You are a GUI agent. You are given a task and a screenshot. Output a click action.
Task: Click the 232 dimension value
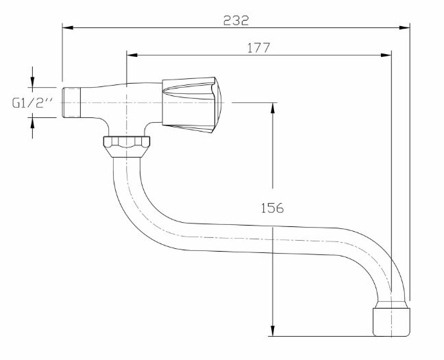point(236,21)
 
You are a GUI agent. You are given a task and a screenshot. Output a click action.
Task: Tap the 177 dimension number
point(259,48)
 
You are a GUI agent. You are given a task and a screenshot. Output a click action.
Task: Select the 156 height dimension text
point(272,208)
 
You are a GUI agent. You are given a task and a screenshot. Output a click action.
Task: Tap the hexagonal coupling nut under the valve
point(127,147)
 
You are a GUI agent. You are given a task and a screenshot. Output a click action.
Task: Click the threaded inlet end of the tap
point(71,102)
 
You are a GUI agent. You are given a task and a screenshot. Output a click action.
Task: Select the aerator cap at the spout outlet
point(391,319)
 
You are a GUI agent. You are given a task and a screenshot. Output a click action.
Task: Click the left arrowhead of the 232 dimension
point(68,28)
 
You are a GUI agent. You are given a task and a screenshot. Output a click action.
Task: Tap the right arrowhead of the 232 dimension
point(404,28)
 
